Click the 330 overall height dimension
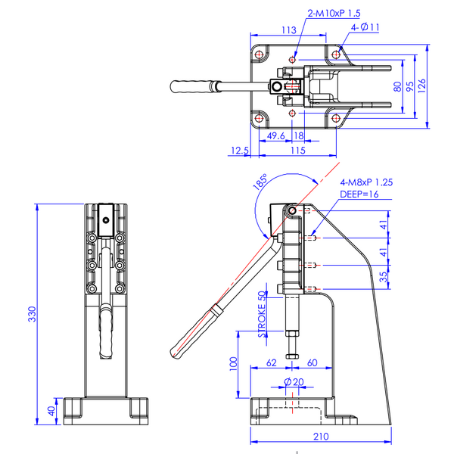tap(32, 314)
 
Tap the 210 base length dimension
tap(321, 437)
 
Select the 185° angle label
tap(260, 182)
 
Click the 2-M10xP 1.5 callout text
tap(334, 14)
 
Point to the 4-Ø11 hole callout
tap(365, 27)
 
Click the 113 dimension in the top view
tap(289, 30)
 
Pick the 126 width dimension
tap(421, 86)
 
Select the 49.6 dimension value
tap(275, 135)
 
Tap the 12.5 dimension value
tap(240, 151)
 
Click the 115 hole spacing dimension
tap(297, 151)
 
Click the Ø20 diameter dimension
tap(294, 382)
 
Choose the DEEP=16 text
tap(359, 194)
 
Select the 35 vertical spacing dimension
tap(383, 277)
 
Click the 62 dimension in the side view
tap(272, 362)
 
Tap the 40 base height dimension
tap(51, 411)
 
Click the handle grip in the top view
tap(191, 86)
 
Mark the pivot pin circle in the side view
tap(292, 210)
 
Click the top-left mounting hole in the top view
tap(259, 54)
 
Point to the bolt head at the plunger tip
tap(292, 356)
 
